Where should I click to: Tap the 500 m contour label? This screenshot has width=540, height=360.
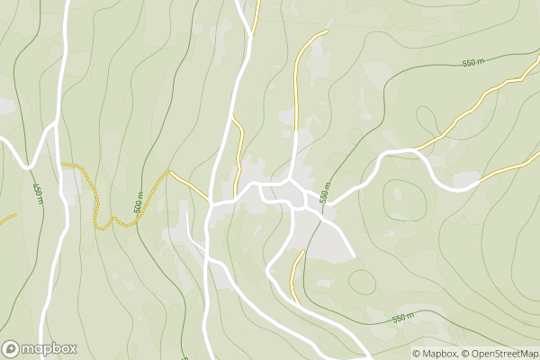(x=139, y=206)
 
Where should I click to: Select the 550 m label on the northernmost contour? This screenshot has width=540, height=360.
(x=472, y=63)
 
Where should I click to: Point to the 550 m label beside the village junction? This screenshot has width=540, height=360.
(x=326, y=190)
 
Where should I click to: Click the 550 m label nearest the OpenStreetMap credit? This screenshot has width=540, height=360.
(x=405, y=319)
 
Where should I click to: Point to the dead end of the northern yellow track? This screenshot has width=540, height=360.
(x=327, y=31)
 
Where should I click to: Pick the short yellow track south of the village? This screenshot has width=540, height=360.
(x=296, y=274)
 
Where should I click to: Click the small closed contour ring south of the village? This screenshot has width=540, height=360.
(x=362, y=282)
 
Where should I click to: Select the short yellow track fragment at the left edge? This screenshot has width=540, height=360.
(x=7, y=219)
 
